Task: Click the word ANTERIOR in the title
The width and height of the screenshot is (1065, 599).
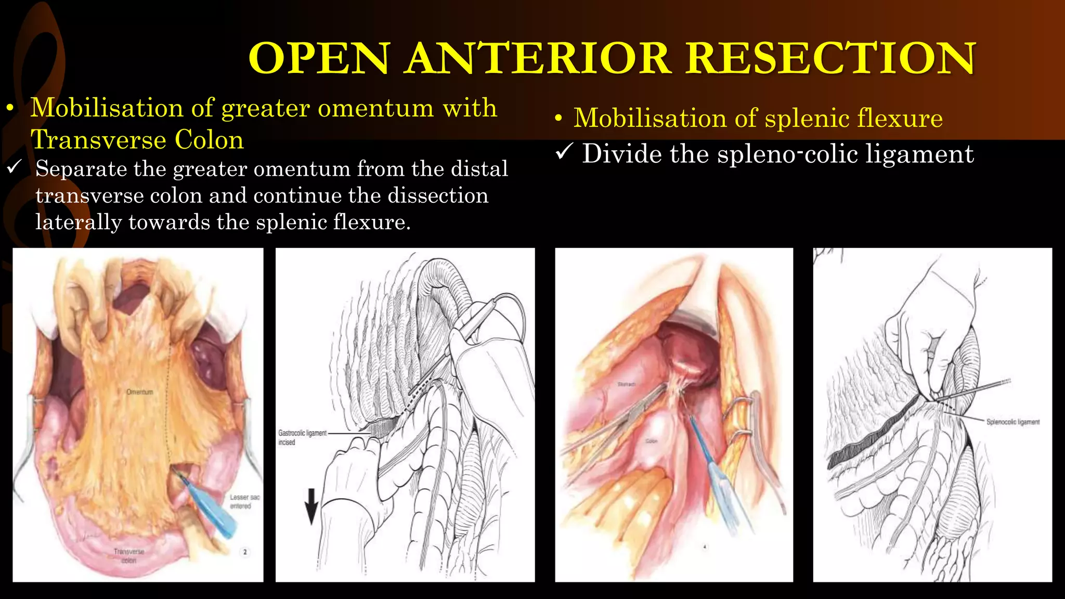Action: [539, 58]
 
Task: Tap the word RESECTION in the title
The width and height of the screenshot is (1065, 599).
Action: [830, 58]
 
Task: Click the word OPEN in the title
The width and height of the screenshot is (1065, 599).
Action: [319, 58]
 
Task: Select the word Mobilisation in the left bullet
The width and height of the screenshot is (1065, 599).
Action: [106, 108]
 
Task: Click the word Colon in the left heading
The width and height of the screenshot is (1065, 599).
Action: [209, 140]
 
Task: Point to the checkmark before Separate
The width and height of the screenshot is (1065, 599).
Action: [14, 167]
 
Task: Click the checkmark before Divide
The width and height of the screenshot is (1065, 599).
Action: [564, 152]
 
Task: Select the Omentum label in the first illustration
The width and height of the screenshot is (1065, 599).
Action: [140, 392]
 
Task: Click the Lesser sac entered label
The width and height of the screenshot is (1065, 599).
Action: [244, 502]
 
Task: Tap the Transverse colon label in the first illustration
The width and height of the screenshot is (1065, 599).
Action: [128, 556]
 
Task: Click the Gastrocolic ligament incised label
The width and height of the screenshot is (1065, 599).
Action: [302, 437]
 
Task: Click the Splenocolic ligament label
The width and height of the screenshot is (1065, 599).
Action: [1012, 422]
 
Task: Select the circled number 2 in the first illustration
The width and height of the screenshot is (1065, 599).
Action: [245, 552]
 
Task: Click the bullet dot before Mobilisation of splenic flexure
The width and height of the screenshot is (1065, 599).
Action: [558, 119]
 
